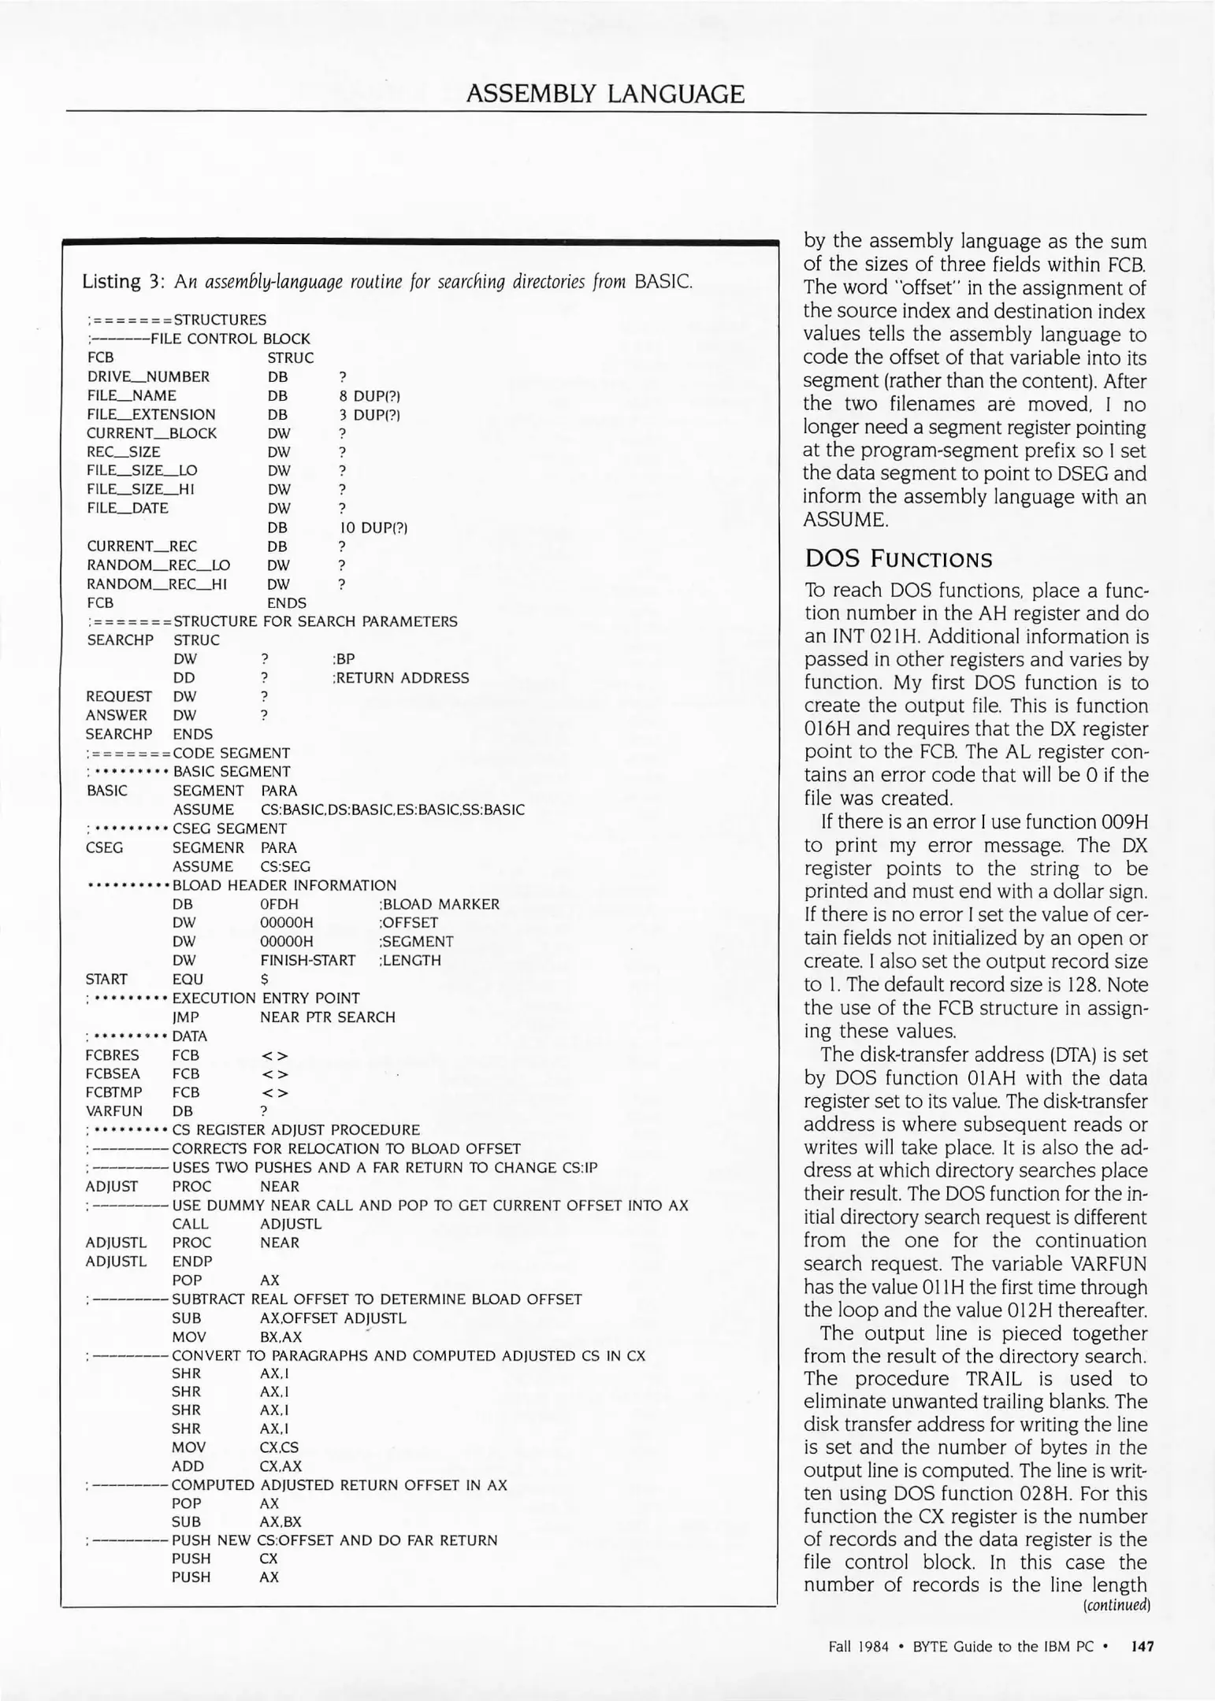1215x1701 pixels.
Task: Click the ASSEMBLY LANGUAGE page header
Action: (604, 94)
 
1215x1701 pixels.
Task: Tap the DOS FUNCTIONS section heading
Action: (898, 559)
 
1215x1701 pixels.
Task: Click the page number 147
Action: (1142, 1646)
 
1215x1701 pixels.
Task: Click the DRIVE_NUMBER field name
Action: (148, 376)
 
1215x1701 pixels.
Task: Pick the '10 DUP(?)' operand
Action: (373, 528)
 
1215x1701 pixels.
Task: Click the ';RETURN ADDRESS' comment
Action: (400, 678)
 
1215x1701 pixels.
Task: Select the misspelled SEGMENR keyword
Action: (208, 847)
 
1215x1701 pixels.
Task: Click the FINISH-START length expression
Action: (307, 960)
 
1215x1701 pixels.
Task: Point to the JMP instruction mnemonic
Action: (185, 1017)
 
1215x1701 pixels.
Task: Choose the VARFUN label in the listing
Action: (114, 1111)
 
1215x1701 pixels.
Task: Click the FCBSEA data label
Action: (113, 1073)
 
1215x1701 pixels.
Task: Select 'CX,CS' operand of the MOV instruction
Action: (279, 1447)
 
